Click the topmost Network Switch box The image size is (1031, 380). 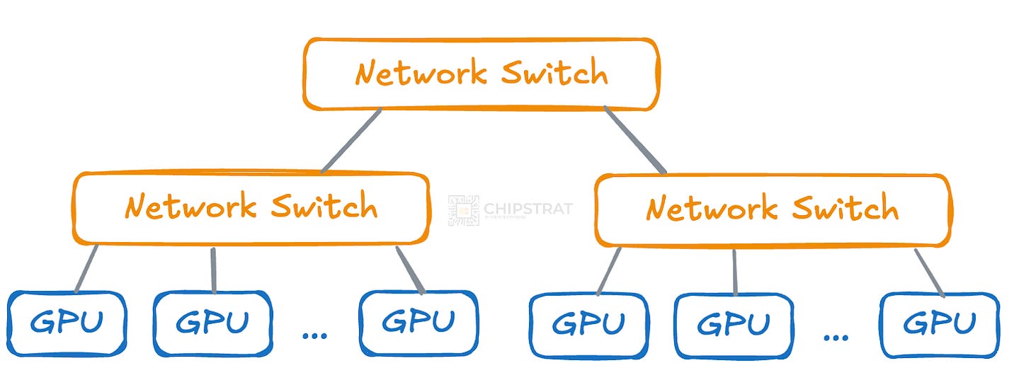482,74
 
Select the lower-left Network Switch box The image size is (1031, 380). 251,207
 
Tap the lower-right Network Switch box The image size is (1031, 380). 772,209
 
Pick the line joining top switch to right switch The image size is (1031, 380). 635,140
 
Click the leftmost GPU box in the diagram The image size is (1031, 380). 67,323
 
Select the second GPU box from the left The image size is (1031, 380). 212,323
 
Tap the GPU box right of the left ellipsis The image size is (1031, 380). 418,323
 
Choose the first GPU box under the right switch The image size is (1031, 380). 588,324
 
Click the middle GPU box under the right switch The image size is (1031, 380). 734,325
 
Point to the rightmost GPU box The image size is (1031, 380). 939,324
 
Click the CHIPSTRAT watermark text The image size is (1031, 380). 528,209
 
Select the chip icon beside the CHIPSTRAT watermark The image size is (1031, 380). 463,210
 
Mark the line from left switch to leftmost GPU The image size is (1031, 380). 86,268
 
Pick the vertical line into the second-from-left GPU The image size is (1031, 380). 213,270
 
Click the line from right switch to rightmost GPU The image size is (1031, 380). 929,272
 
